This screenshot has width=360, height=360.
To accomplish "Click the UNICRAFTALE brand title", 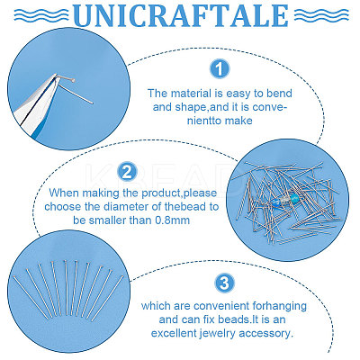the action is (181, 15).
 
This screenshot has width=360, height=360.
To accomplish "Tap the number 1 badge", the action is (220, 69).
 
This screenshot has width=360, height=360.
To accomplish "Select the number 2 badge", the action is (127, 172).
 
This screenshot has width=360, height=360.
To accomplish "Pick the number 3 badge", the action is (224, 283).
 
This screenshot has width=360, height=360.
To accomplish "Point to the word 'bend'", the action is (279, 94).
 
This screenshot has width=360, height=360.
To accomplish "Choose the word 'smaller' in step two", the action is (107, 220).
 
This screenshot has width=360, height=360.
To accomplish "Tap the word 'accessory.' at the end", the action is (268, 334).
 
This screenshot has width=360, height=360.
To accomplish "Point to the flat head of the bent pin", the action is (73, 80).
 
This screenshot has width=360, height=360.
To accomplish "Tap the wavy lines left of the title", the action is (41, 14).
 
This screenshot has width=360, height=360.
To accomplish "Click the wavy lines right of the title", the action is (321, 14).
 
